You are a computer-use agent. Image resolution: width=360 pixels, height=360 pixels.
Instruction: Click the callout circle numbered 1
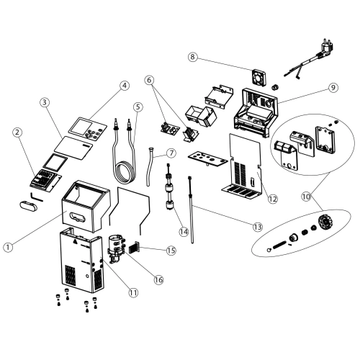point(8,246)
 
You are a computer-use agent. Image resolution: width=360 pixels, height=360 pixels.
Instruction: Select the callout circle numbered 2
point(17,132)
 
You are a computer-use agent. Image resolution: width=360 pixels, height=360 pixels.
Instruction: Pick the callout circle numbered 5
point(137,107)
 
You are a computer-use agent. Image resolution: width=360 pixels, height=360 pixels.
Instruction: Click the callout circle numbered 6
point(150,81)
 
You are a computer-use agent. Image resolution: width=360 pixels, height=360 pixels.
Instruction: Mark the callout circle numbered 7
point(171,153)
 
